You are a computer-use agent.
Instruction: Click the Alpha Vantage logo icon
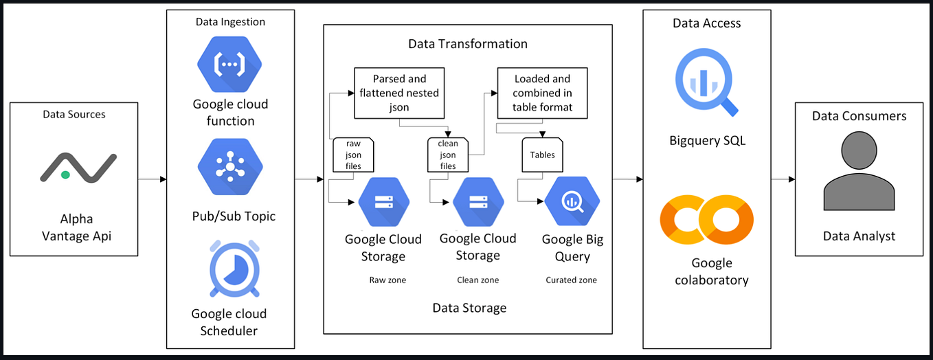(76, 168)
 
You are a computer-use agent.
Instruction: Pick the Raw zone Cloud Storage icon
(383, 202)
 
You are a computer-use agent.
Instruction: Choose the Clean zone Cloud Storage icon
(478, 202)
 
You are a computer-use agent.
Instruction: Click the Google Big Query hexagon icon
(572, 202)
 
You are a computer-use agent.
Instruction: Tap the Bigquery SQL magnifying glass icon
(706, 85)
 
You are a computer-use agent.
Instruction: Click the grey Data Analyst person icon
(859, 171)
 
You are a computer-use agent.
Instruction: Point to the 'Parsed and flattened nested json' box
(400, 93)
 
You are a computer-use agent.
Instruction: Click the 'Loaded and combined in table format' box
(542, 93)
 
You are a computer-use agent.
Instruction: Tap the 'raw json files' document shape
(353, 155)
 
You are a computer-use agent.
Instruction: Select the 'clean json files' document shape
(448, 155)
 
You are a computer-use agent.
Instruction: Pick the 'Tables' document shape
(542, 155)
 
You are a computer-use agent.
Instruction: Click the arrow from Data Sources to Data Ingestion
(153, 180)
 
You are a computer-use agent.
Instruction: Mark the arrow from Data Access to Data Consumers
(783, 180)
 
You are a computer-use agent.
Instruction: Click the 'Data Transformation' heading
(468, 44)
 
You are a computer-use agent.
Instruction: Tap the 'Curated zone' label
(571, 280)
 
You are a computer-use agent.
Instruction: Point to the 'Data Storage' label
(469, 308)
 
